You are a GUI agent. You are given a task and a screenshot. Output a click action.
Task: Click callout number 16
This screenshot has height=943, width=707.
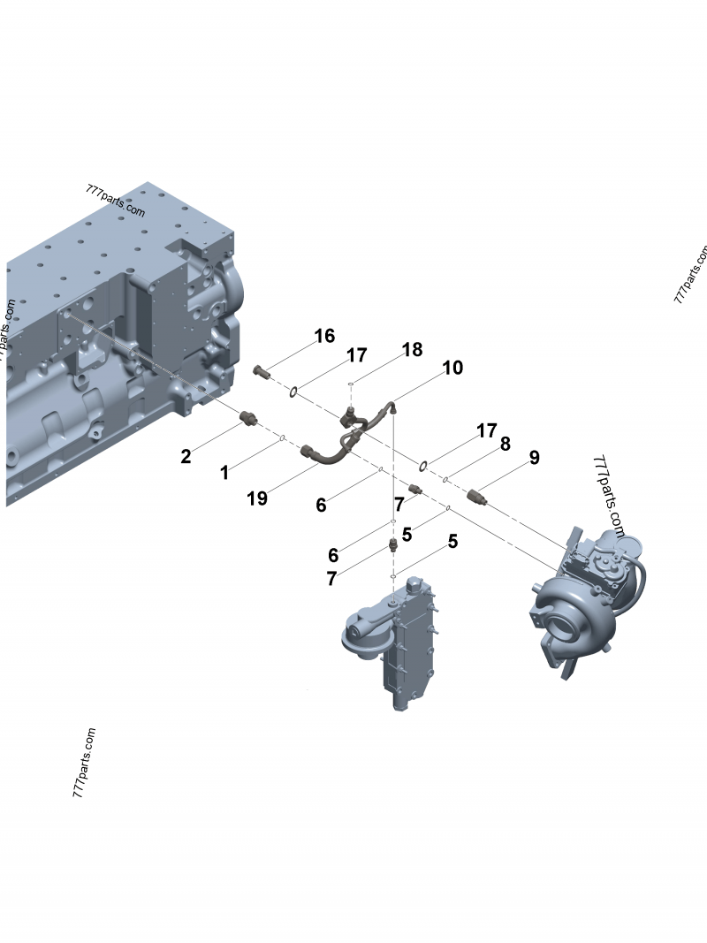tap(324, 336)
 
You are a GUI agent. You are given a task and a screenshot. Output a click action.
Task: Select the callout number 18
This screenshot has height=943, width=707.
tap(412, 349)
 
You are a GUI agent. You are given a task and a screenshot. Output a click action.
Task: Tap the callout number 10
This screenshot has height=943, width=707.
tap(452, 368)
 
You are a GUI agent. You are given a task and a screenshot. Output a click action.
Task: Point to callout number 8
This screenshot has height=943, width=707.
tap(505, 444)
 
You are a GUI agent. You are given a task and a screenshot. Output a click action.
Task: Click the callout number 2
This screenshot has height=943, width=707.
tap(186, 456)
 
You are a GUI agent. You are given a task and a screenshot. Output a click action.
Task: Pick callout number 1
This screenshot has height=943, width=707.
tap(224, 473)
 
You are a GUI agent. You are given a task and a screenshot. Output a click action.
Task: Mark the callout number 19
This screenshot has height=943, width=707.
tap(257, 498)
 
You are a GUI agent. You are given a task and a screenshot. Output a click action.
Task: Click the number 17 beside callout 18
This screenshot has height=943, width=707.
tap(356, 355)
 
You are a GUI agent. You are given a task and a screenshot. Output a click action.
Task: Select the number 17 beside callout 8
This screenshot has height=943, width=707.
tap(487, 431)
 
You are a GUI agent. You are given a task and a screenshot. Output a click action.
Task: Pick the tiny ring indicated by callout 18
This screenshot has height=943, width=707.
tap(352, 384)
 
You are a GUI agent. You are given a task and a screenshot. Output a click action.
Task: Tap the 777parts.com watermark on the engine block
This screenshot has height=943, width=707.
tap(115, 201)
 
